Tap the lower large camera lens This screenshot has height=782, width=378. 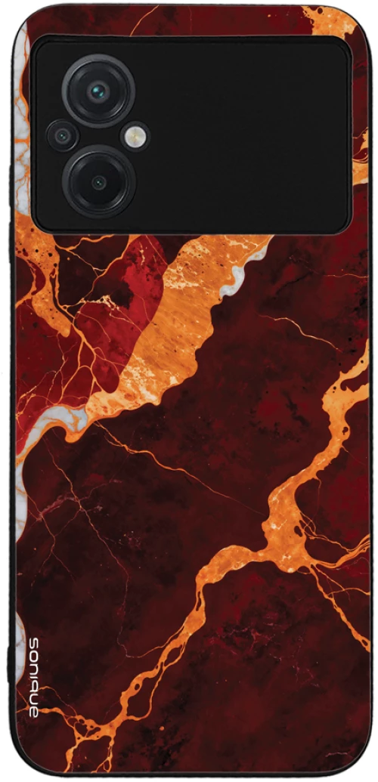98,181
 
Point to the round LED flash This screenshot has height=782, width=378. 137,136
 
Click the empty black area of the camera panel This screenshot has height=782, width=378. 249,136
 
